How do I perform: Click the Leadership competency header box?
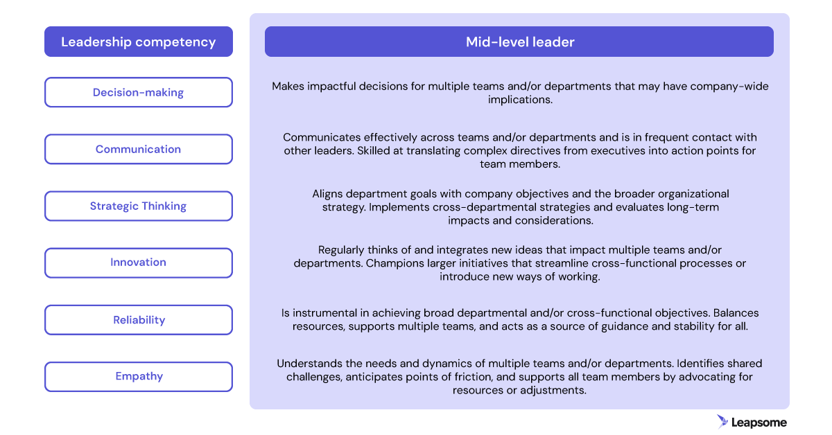(139, 42)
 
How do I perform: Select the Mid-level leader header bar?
(519, 42)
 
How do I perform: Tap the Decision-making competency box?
(139, 92)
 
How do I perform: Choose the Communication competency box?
(139, 149)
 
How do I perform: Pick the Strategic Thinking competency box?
(139, 206)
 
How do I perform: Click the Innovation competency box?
(139, 263)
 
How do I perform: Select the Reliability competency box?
(139, 320)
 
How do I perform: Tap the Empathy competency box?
(139, 377)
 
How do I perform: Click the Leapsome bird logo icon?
(722, 422)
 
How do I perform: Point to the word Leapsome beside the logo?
(759, 423)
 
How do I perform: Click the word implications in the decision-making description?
(520, 100)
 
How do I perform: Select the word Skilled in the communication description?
(373, 151)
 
